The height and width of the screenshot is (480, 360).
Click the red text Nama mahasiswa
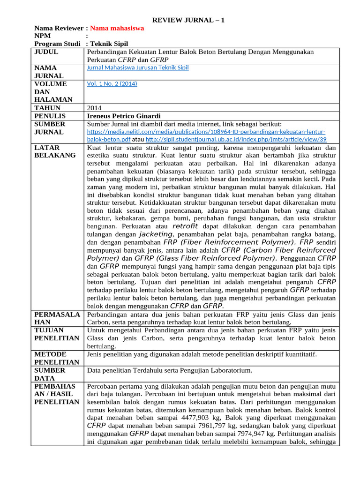117,28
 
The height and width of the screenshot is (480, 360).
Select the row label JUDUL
46,52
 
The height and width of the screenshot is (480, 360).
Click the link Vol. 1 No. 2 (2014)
112,84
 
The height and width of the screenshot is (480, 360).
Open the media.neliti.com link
206,132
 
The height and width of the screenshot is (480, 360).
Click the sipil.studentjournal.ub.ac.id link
236,140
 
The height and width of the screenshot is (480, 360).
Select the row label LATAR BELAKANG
55,151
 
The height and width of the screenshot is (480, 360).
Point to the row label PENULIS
50,116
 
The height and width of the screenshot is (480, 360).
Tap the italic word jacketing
157,234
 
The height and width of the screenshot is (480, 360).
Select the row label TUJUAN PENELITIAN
57,334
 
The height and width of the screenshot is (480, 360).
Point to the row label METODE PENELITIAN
57,358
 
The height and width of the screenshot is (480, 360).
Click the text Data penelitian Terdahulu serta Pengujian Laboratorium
170,370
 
